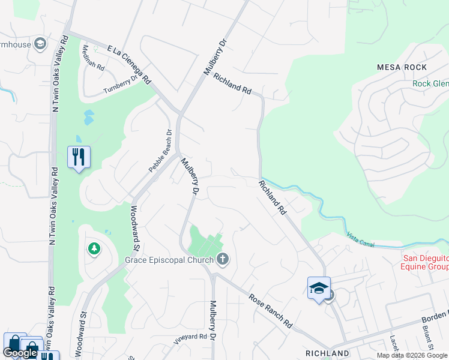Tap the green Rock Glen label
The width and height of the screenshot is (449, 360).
(x=430, y=83)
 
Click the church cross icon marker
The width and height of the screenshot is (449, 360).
(x=223, y=260)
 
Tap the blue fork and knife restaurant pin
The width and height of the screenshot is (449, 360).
(x=79, y=157)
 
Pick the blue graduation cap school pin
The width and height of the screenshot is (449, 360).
(x=319, y=289)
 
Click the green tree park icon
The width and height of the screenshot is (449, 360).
(x=94, y=248)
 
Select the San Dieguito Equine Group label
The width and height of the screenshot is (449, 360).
(x=424, y=262)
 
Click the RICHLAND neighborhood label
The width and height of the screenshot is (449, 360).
(x=327, y=353)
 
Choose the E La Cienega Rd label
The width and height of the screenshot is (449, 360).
(x=129, y=64)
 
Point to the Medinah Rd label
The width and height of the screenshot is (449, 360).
(x=93, y=58)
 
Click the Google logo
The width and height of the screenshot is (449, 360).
(x=20, y=353)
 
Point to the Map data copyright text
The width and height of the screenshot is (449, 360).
(x=412, y=355)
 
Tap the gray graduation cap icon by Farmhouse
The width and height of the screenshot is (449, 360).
(x=40, y=44)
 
